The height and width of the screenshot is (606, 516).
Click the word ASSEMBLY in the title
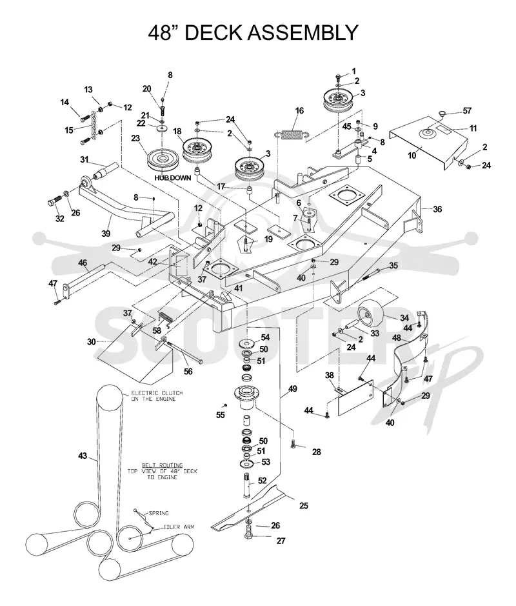[303, 32]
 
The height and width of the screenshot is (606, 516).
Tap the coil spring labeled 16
[292, 134]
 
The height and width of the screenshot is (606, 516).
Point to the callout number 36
[437, 209]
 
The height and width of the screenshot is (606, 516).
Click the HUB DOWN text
[173, 178]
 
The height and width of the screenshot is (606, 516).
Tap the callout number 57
[467, 111]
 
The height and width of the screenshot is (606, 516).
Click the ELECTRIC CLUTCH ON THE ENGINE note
[157, 396]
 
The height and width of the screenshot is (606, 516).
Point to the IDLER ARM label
[179, 527]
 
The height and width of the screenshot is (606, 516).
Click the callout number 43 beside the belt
[83, 456]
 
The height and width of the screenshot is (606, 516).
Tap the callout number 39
[106, 234]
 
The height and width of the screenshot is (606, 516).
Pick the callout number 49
[292, 389]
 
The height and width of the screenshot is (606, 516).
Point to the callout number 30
[91, 341]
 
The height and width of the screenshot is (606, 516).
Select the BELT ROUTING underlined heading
[162, 465]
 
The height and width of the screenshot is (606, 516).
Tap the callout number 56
[188, 372]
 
